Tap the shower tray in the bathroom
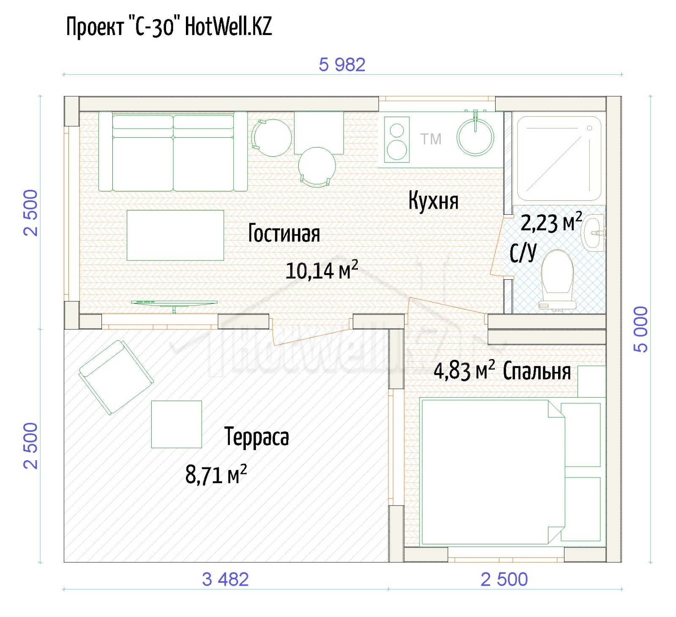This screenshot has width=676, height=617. tap(559, 158)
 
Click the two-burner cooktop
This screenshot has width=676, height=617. tap(397, 139)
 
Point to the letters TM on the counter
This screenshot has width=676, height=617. tap(431, 139)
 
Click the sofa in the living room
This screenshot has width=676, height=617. tap(173, 151)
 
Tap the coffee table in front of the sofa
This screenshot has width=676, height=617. tap(175, 235)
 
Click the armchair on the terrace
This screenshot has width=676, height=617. tap(116, 377)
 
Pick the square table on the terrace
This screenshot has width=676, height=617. tap(177, 424)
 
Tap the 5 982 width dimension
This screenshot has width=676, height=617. tap(342, 65)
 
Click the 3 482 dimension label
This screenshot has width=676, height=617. tap(225, 579)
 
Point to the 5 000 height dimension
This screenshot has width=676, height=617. tap(641, 329)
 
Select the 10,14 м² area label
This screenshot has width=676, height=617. tap(322, 270)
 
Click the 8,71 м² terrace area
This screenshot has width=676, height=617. tap(216, 474)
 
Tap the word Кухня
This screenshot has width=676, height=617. tap(433, 200)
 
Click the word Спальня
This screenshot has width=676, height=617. tap(537, 371)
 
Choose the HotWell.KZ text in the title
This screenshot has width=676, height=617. tap(229, 26)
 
